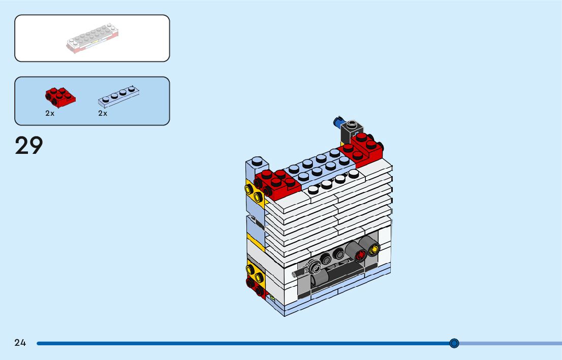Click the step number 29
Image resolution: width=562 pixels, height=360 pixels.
[x=29, y=146]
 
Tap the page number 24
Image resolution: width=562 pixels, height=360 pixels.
[x=20, y=343]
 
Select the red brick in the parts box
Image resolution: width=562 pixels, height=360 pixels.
[x=60, y=97]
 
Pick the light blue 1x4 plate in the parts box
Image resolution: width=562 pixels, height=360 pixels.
[x=118, y=96]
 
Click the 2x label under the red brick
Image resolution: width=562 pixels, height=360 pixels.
[x=50, y=114]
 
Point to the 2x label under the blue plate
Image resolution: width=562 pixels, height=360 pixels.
[x=103, y=114]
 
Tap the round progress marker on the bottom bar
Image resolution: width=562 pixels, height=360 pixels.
[x=454, y=343]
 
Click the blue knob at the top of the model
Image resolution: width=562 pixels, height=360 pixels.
[x=337, y=122]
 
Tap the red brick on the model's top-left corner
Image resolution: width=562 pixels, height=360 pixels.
[x=277, y=183]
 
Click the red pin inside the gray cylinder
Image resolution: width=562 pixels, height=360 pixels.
[x=361, y=255]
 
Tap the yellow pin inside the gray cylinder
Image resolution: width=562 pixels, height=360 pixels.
[x=374, y=249]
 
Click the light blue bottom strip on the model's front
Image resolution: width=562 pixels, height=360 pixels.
[x=335, y=291]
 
